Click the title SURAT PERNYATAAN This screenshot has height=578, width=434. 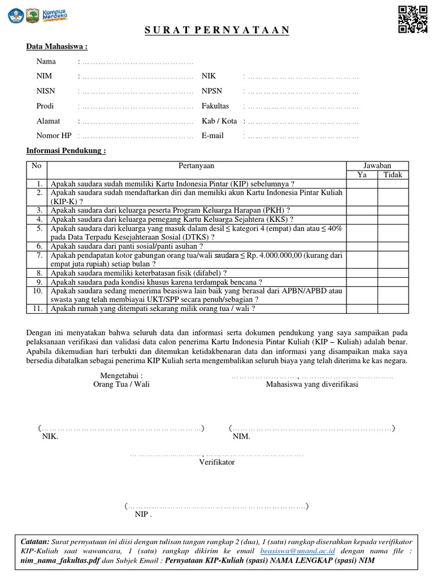pos(217,30)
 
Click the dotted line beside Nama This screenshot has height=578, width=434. pos(137,62)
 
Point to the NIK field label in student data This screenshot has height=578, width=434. pos(209,76)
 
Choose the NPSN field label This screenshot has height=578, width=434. pos(212,91)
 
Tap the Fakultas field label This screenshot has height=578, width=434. pos(215,106)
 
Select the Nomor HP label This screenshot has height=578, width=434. pos(54,136)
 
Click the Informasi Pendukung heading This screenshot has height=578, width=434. pos(67,151)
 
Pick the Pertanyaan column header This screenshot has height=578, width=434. pos(196,166)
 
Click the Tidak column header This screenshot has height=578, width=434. pos(393,175)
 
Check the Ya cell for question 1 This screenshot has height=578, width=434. pos(362,183)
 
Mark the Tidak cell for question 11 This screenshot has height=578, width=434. pos(393,309)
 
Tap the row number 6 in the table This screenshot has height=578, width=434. pos(39,246)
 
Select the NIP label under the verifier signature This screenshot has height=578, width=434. pos(143,515)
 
